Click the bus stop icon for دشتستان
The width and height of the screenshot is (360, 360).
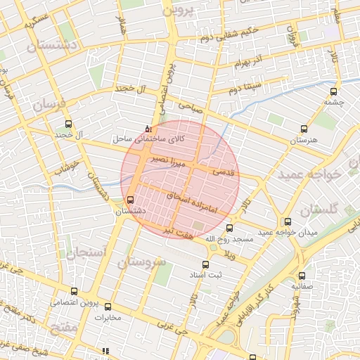pyautogui.click(x=129, y=200)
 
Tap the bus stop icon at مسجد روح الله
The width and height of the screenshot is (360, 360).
pyautogui.click(x=229, y=228)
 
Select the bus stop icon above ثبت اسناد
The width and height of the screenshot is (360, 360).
pyautogui.click(x=205, y=264)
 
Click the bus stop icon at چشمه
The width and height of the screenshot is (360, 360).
pyautogui.click(x=333, y=90)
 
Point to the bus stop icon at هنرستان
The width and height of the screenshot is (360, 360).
pyautogui.click(x=304, y=129)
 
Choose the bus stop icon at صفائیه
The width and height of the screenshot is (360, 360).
pyautogui.click(x=302, y=276)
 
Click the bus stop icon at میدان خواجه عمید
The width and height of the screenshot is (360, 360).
pyautogui.click(x=288, y=221)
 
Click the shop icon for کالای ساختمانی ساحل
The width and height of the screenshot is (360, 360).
pyautogui.click(x=147, y=129)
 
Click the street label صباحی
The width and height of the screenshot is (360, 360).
pyautogui.click(x=190, y=108)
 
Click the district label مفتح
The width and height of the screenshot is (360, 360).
pyautogui.click(x=63, y=327)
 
